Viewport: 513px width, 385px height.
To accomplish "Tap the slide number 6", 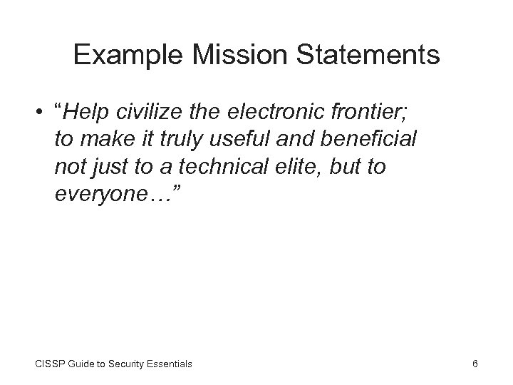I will [x=475, y=364].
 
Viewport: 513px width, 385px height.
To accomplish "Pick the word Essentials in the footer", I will [x=170, y=364].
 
